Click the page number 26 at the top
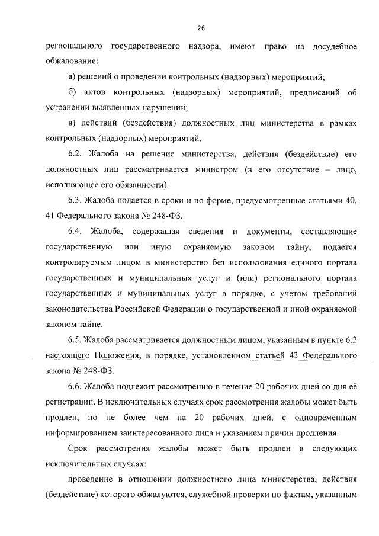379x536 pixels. pos(201,28)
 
